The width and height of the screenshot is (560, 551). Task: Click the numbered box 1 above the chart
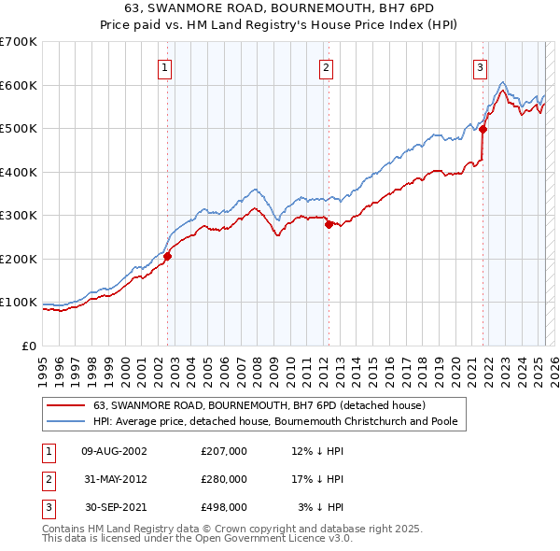pos(164,67)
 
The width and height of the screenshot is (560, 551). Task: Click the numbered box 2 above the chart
pos(326,67)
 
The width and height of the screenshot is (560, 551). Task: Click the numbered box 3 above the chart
pos(479,67)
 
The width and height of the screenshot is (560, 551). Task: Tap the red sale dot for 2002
pos(168,256)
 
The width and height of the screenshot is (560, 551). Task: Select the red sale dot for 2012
pos(329,224)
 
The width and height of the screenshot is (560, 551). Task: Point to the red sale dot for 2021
pos(483,130)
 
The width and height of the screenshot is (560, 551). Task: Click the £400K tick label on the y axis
pos(19,172)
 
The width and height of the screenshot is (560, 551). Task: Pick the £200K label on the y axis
pos(19,259)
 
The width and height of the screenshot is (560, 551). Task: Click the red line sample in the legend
pos(66,405)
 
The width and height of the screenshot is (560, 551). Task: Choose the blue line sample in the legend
pos(66,421)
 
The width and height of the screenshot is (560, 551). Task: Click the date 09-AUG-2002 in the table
pos(115,451)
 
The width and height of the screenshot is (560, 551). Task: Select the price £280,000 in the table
pos(224,479)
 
